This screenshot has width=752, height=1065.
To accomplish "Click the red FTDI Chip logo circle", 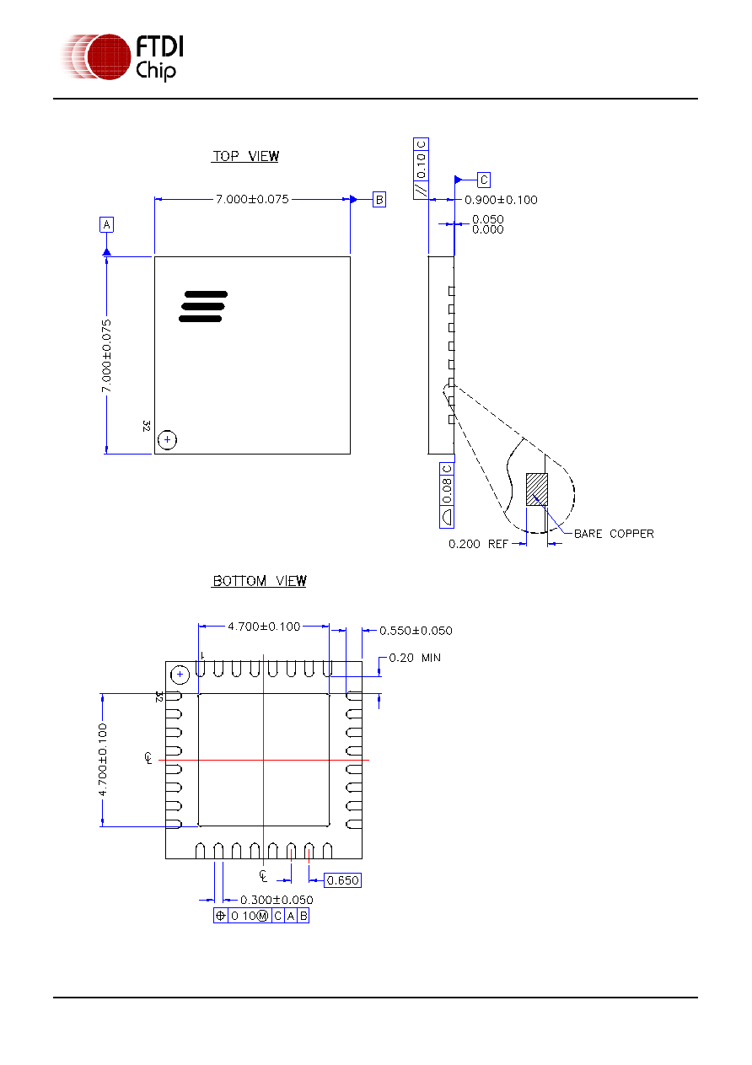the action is coord(109,56).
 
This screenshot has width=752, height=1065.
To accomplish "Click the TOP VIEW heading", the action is coord(245,156).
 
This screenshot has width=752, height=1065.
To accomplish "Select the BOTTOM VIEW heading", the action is coord(259,580).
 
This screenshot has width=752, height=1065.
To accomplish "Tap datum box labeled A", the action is coord(106,224).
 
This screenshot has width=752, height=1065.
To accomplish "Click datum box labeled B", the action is coord(379,200).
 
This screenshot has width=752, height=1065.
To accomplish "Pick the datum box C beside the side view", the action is coord(483,180).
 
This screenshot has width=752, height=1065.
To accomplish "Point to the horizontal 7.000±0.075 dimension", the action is coord(252,199).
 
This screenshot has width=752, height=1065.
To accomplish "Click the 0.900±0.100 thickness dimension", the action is coord(501,200).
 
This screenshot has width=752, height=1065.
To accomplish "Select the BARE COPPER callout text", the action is coord(614,534).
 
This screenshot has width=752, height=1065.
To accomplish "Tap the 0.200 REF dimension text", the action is coord(478,544).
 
